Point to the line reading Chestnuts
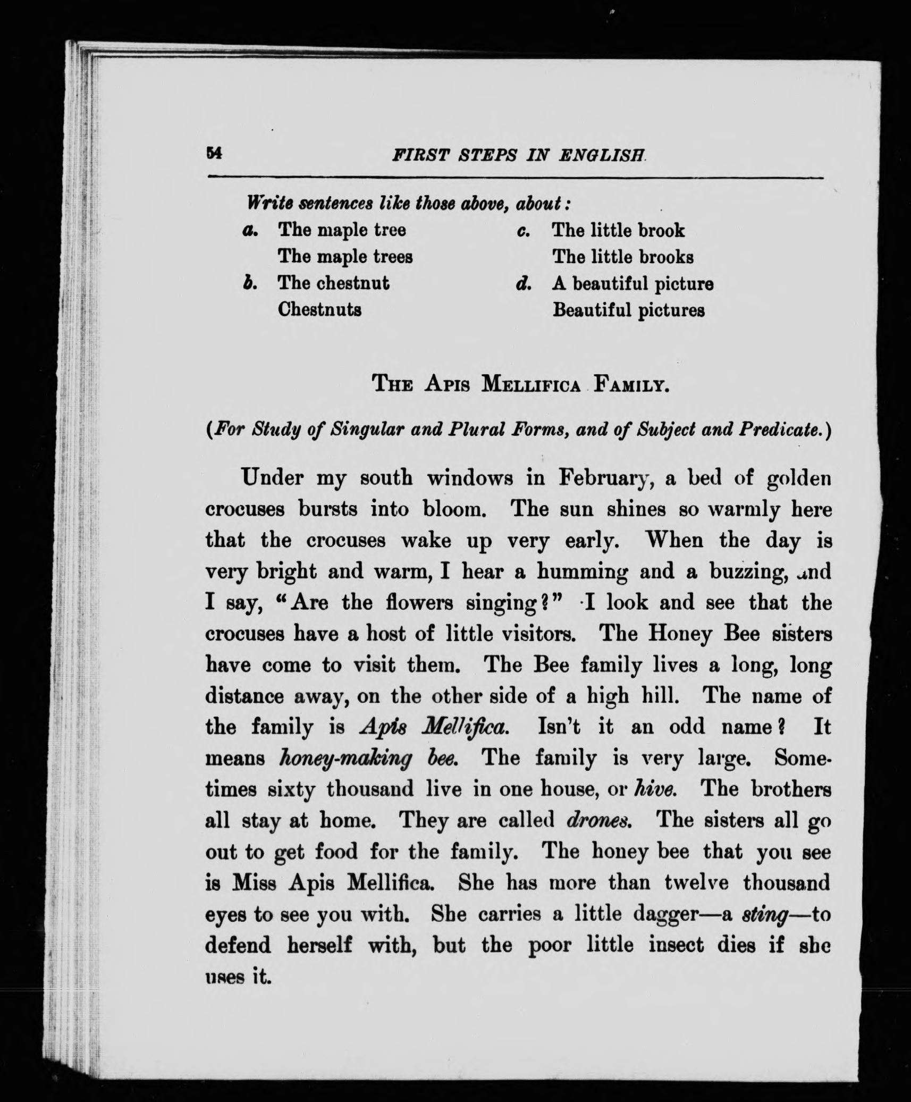[319, 309]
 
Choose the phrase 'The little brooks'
[622, 257]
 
